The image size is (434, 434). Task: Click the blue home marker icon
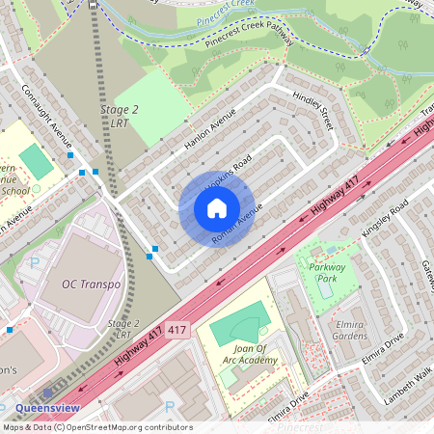pyautogui.click(x=217, y=208)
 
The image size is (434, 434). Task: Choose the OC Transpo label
pyautogui.click(x=92, y=285)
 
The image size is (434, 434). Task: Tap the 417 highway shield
pyautogui.click(x=175, y=330)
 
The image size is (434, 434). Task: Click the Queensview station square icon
pyautogui.click(x=47, y=393)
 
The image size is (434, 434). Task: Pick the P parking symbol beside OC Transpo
pyautogui.click(x=36, y=262)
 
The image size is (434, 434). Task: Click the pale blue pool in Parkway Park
pyautogui.click(x=325, y=286)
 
